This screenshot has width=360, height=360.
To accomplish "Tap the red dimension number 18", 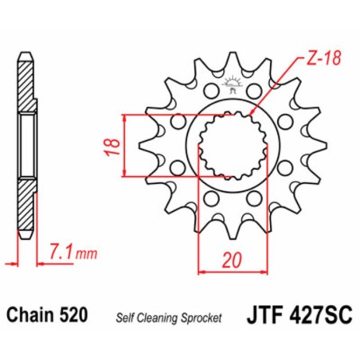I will tap(114, 145).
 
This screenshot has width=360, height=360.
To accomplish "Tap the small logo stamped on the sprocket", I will tap(235, 84).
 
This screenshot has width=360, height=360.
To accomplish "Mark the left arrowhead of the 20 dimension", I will tap(200, 272).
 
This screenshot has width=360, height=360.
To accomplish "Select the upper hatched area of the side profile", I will tap(25, 87).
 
